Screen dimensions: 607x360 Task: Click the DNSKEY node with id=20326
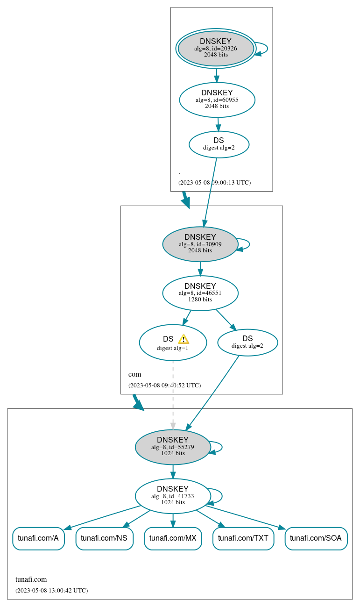tap(216, 48)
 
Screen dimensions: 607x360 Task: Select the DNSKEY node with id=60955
tap(217, 100)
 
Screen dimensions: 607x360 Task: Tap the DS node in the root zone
tap(219, 144)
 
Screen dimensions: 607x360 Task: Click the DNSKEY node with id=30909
tap(200, 244)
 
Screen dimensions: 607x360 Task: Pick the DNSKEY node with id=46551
tap(200, 293)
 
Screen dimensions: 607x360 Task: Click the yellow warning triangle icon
tap(184, 339)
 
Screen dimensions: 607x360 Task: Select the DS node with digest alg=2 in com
tap(247, 342)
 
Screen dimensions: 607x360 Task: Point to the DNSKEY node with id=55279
tap(173, 447)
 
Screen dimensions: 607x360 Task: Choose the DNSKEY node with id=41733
tap(173, 496)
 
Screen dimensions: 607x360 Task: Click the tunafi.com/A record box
tap(38, 538)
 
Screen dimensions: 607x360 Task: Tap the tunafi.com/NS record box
tap(104, 538)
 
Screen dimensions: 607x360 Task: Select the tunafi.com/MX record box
tap(173, 538)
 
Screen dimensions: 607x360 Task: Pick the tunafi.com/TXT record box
tap(243, 538)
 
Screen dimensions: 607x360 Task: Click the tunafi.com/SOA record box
tap(316, 538)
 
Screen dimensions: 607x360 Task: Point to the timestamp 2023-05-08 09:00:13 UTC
tap(214, 183)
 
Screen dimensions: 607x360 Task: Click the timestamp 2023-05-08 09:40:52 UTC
tap(164, 386)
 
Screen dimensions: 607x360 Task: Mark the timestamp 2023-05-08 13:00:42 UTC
tap(51, 591)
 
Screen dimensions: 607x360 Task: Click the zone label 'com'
tap(134, 374)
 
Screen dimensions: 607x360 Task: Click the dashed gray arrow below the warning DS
tap(173, 395)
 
